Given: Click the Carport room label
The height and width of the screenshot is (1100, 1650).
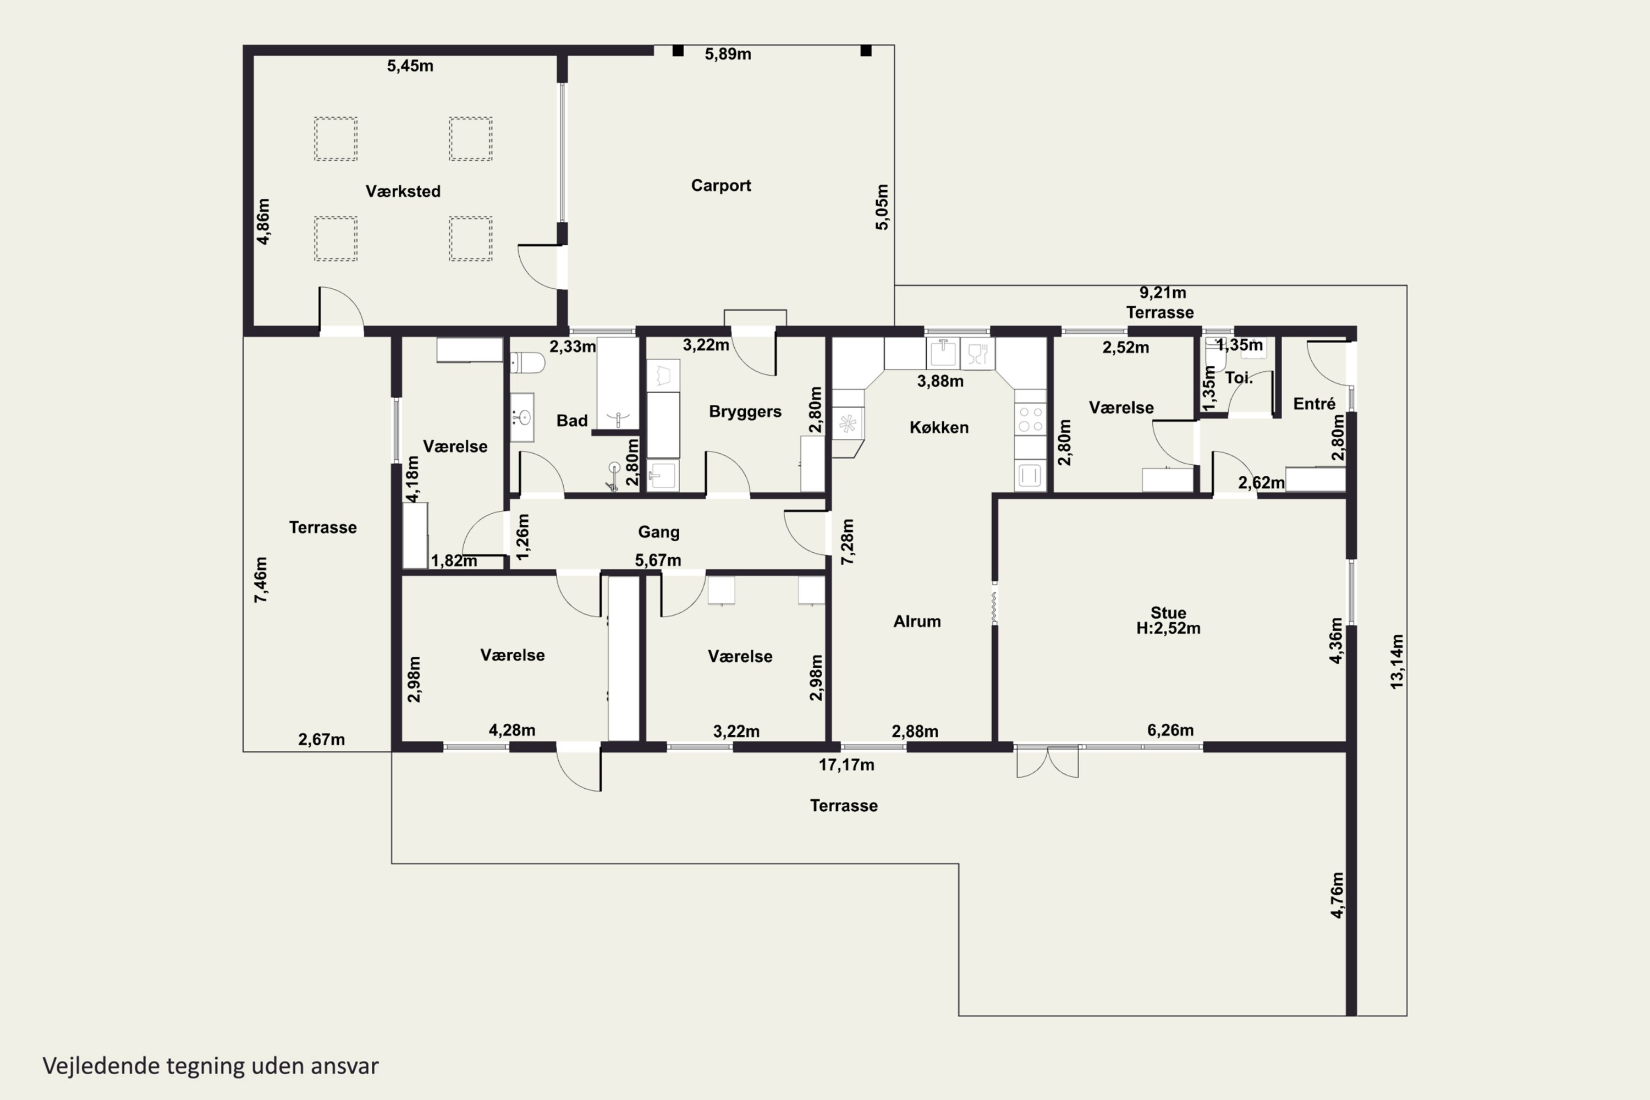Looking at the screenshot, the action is [721, 185].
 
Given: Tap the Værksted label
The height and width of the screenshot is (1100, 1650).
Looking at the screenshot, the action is [403, 191].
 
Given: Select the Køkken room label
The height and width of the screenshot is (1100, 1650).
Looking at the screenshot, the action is [939, 427].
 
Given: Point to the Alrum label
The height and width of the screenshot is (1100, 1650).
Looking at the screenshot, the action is [917, 621].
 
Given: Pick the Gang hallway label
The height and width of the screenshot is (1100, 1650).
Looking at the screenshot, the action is [659, 532].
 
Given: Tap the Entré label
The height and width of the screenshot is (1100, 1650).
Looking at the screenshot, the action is [1314, 403].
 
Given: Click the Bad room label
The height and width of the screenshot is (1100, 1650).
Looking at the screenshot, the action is [572, 420].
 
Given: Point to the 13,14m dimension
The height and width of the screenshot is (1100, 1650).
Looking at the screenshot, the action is [1397, 662].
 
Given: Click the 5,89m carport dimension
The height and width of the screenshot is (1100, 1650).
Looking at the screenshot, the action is [728, 54].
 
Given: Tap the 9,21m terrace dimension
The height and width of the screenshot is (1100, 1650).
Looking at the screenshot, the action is [1163, 293].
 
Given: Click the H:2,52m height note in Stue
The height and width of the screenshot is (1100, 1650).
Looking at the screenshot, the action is [1168, 629].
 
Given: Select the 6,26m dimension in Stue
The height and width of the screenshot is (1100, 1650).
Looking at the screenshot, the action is [1170, 730].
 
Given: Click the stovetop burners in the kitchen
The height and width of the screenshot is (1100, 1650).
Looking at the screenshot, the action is [1030, 420].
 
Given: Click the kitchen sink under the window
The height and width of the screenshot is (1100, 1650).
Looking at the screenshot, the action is [943, 354].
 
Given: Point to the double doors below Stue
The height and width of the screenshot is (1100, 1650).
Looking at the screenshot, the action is [1047, 762].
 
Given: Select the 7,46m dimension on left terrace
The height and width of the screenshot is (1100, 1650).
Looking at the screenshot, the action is [260, 580].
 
